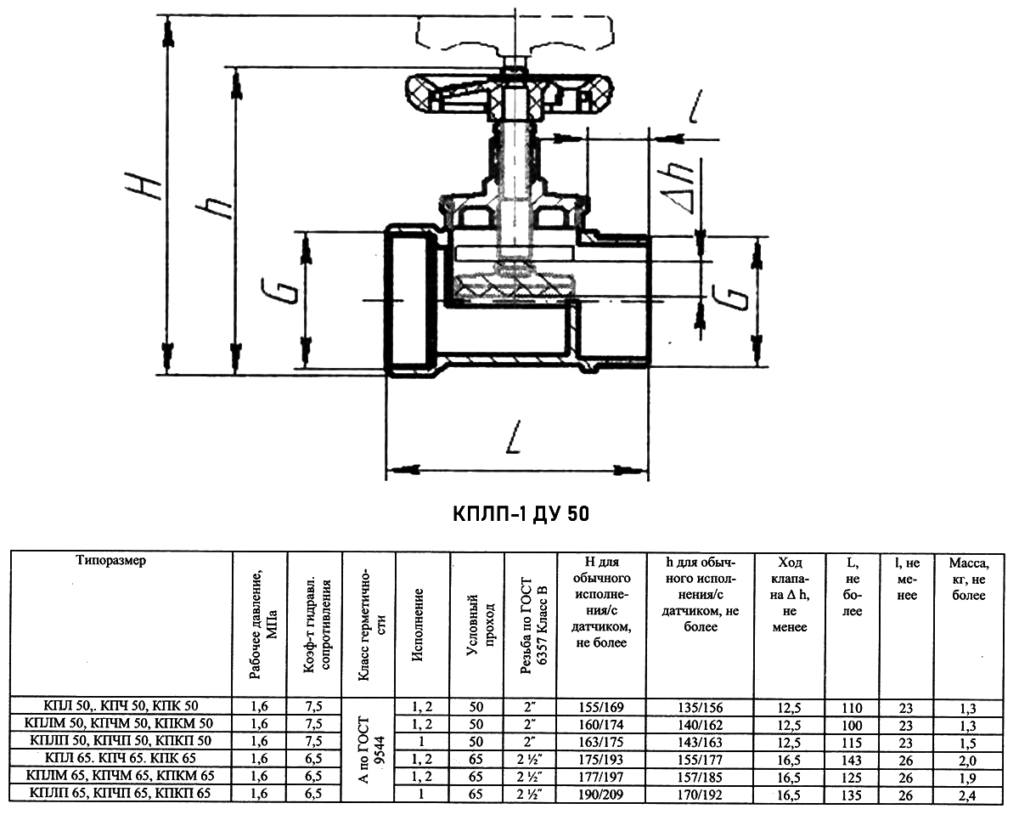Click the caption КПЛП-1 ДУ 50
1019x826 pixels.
pyautogui.click(x=521, y=514)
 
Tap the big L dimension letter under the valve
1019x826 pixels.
pyautogui.click(x=514, y=437)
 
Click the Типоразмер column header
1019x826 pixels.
pyautogui.click(x=110, y=560)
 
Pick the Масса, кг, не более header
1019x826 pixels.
pyautogui.click(x=969, y=579)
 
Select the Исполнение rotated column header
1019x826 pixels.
pyautogui.click(x=418, y=625)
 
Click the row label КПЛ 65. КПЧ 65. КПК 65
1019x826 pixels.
pyautogui.click(x=121, y=758)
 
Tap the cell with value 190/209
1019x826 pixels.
pyautogui.click(x=601, y=795)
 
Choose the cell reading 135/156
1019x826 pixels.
pyautogui.click(x=701, y=707)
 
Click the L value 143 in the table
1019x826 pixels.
pyautogui.click(x=852, y=761)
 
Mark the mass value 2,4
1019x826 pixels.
pyautogui.click(x=968, y=796)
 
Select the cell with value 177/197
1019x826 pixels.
pyautogui.click(x=601, y=778)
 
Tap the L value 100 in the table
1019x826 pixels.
pyautogui.click(x=852, y=726)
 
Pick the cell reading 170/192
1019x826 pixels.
pyautogui.click(x=700, y=795)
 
